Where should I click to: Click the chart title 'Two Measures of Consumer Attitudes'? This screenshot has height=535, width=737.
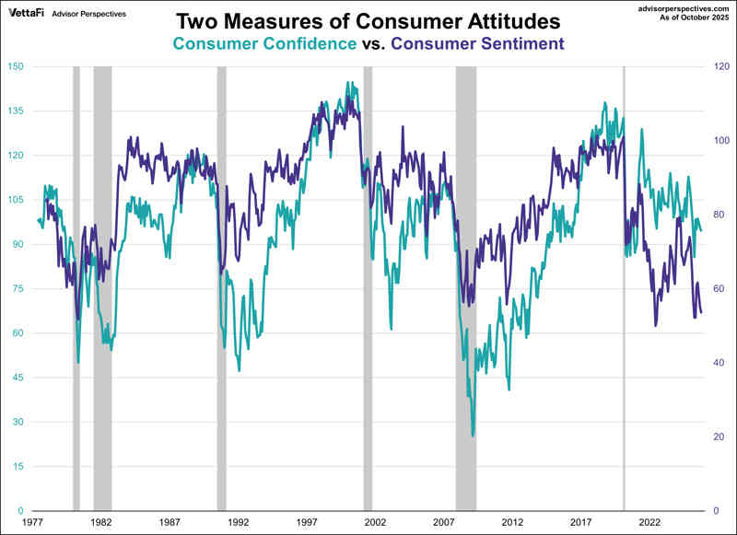tap(368, 20)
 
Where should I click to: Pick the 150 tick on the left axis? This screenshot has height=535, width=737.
tap(16, 66)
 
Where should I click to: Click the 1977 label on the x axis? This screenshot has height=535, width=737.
tap(34, 522)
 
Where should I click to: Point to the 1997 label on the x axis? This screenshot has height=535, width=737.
tap(307, 522)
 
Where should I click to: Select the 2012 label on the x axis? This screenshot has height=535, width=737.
tap(512, 522)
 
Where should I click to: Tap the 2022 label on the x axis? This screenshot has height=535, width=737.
tap(649, 522)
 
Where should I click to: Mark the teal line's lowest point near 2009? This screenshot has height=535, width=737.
tap(474, 436)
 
